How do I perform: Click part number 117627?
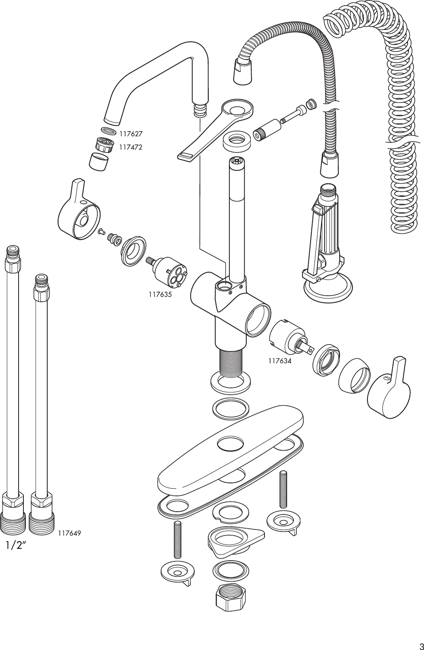pos(130,133)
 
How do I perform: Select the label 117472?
pos(130,148)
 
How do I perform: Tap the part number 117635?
pos(160,294)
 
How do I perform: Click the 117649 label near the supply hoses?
pos(69,533)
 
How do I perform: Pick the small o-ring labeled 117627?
pos(108,131)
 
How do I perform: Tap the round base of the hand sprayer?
pos(327,290)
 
